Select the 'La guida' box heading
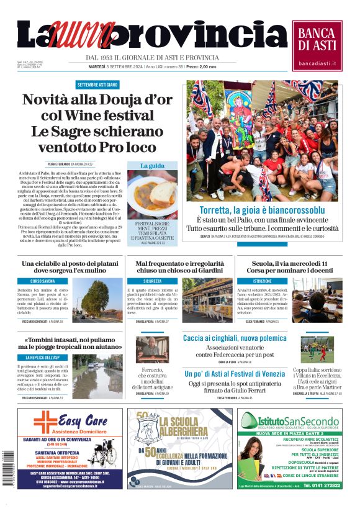152,166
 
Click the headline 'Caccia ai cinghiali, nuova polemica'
234,338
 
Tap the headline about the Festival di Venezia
234,374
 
